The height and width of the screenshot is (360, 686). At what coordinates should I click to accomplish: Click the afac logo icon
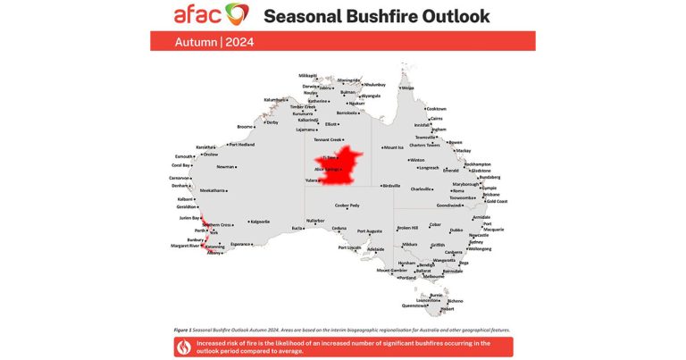[238, 14]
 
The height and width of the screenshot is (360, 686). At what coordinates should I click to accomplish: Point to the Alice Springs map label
[326, 168]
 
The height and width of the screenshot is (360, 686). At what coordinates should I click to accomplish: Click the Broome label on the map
[245, 127]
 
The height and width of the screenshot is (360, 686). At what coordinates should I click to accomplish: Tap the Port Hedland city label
[242, 144]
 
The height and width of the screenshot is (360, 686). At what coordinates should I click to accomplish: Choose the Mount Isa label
[394, 147]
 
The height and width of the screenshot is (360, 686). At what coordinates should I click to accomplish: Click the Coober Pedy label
[347, 205]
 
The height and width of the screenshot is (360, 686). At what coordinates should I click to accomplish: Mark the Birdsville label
[391, 186]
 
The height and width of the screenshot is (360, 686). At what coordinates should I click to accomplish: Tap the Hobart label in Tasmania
[447, 308]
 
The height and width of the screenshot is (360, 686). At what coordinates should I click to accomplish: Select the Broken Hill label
[407, 228]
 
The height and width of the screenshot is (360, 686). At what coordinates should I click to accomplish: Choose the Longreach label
[429, 167]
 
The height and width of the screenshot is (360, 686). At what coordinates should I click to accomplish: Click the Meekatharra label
[213, 190]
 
